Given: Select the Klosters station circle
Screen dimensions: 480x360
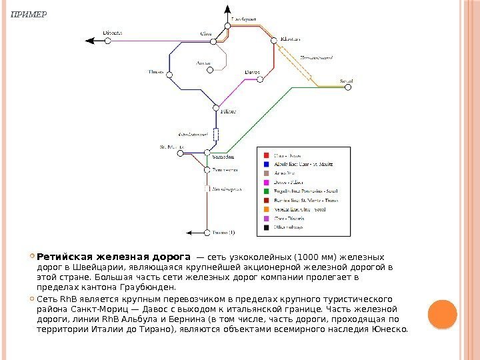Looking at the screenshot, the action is (x=273, y=41).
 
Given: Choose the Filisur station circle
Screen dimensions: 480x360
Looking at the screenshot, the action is (x=215, y=107).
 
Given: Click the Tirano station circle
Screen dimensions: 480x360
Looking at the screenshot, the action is (x=207, y=233).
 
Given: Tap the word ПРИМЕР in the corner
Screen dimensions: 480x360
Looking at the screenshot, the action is (x=25, y=13).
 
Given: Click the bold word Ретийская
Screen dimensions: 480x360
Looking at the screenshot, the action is (x=65, y=257).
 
